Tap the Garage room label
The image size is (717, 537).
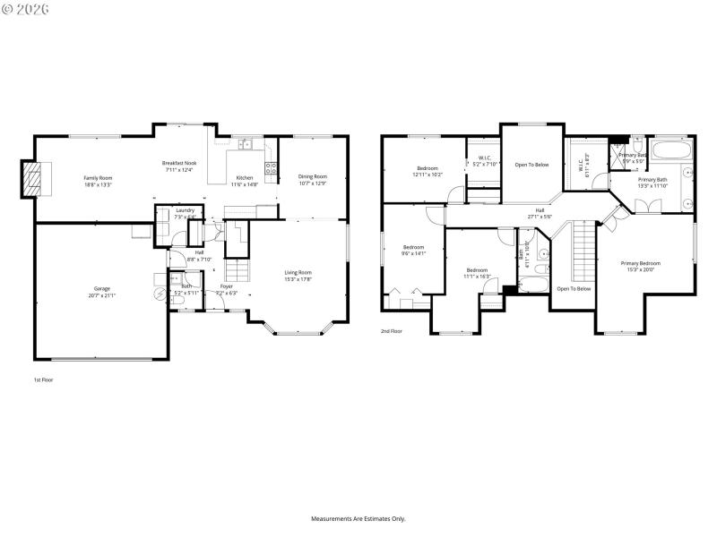point(102,288)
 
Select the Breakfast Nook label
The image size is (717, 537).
point(179,163)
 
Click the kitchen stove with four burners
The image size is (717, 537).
point(270,166)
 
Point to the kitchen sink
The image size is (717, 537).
point(244,144)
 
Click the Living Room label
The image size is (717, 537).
point(298,272)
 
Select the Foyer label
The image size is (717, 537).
point(226,286)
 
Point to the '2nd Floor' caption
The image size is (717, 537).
point(391,330)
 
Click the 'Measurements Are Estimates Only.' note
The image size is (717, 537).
point(358,518)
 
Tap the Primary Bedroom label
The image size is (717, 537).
point(640,263)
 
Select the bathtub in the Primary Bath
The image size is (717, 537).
point(671,149)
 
